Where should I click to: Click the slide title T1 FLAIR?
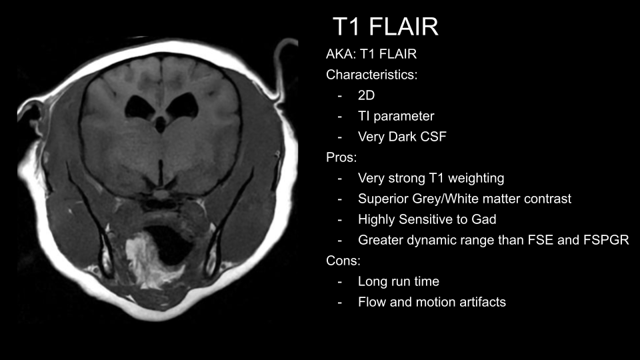coord(385,27)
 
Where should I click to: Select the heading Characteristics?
coord(372,75)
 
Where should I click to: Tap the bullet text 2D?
coord(366,95)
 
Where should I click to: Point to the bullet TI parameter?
coord(396,116)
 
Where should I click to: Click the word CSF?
coord(433,137)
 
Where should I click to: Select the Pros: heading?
coord(341,157)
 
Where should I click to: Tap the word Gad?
coord(484,219)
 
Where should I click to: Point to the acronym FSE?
coord(541,240)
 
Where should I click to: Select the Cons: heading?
coord(343,261)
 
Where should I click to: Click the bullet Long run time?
coord(399,281)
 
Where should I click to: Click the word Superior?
coord(383,199)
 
